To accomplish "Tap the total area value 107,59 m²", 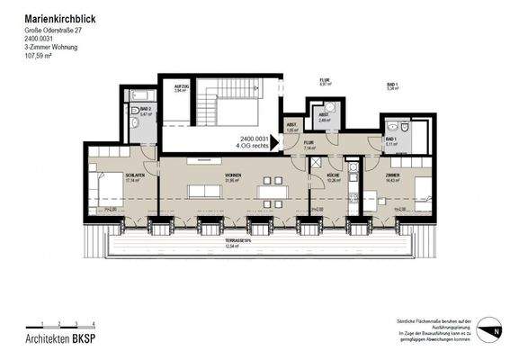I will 40,55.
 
